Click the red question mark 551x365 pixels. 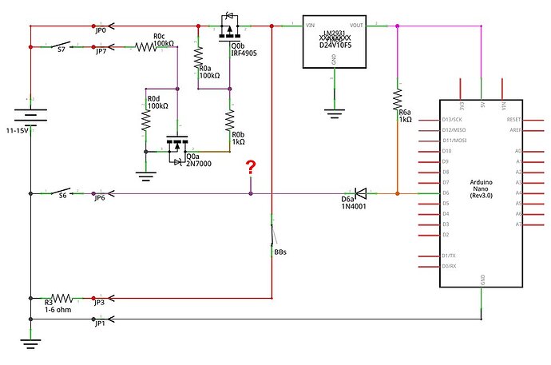pyautogui.click(x=251, y=168)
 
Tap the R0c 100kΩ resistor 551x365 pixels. pyautogui.click(x=149, y=47)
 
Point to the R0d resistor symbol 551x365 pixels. pyautogui.click(x=146, y=120)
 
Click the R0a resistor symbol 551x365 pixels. pyautogui.click(x=198, y=58)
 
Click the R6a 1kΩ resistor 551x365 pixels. pyautogui.click(x=397, y=100)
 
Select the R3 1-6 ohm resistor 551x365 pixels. pyautogui.click(x=62, y=295)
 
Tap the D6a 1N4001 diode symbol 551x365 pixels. pyautogui.click(x=360, y=192)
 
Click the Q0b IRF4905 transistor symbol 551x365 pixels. pyautogui.click(x=230, y=28)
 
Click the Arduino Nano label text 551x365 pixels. pyautogui.click(x=481, y=188)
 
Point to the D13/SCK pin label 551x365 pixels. pyautogui.click(x=451, y=119)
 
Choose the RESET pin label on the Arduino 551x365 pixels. pyautogui.click(x=513, y=119)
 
